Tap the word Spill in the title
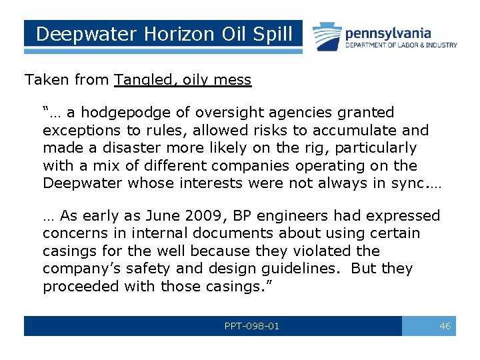[x=271, y=34]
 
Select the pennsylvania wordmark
[x=388, y=33]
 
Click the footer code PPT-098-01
[x=253, y=326]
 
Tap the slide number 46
[x=445, y=326]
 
